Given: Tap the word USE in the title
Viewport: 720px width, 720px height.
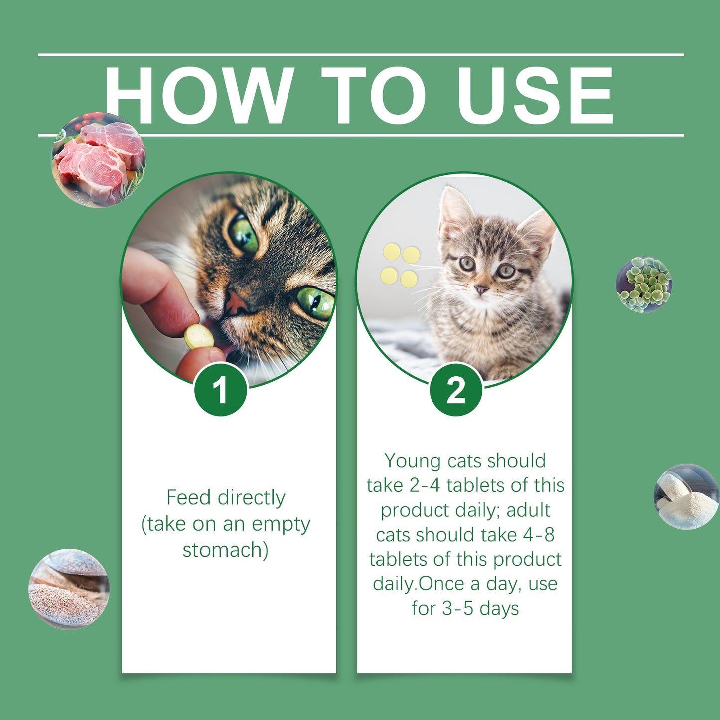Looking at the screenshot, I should click(536, 95).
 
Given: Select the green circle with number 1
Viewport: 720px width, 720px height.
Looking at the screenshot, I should click(221, 390).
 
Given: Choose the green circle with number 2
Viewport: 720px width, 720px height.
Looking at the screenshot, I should click(456, 390).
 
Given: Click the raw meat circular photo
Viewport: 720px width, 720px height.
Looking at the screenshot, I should click(99, 159).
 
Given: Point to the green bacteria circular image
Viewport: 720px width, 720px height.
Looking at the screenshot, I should click(644, 285).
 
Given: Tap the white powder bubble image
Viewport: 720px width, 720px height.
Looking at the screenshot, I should click(686, 496).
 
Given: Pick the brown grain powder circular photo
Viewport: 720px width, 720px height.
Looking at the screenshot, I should click(69, 589).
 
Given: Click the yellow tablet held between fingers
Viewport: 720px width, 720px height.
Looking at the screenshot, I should click(199, 337).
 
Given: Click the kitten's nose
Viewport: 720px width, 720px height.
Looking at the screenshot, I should click(481, 289).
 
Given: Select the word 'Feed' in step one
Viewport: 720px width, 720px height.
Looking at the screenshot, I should click(189, 497).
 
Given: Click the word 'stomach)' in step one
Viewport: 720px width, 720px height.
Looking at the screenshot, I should click(225, 550).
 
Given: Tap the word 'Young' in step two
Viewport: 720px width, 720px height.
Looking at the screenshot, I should click(413, 461).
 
